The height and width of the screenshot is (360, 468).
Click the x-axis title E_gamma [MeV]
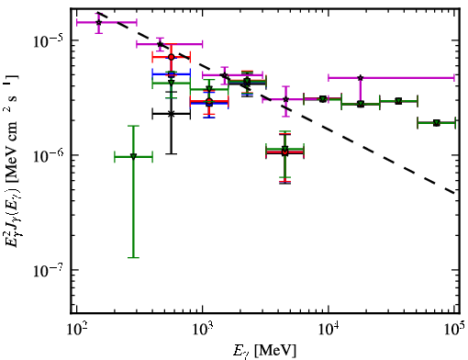(x=264, y=351)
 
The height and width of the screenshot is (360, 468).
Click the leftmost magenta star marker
(x=98, y=22)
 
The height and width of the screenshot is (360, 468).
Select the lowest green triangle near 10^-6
(x=133, y=157)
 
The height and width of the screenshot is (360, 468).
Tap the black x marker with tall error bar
(x=171, y=114)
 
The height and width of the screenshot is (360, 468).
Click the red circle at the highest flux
(x=172, y=57)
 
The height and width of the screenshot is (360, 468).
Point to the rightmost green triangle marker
(x=437, y=123)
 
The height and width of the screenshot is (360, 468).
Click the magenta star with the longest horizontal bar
(x=361, y=78)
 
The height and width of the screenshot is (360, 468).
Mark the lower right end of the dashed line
(x=454, y=193)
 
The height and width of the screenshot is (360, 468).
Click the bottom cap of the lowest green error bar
(x=133, y=257)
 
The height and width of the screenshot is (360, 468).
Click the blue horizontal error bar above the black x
(x=172, y=74)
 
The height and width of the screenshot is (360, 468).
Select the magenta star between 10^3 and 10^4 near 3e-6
(x=285, y=99)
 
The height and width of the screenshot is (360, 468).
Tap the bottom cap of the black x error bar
(x=171, y=153)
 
